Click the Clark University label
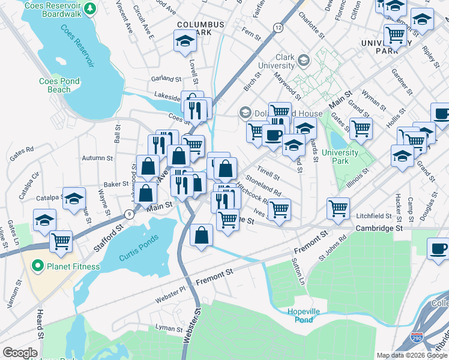coord(277,61)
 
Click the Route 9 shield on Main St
coord(129,214)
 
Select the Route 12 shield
coord(277,28)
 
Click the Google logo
coord(20,353)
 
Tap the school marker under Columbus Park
coord(185,41)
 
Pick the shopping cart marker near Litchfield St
coord(339,208)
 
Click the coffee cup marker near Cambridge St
coord(438,248)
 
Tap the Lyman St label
coord(169,329)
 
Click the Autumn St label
coord(98,158)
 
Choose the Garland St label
coord(166,79)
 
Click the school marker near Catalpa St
coord(74,199)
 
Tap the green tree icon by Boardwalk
coord(89,8)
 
